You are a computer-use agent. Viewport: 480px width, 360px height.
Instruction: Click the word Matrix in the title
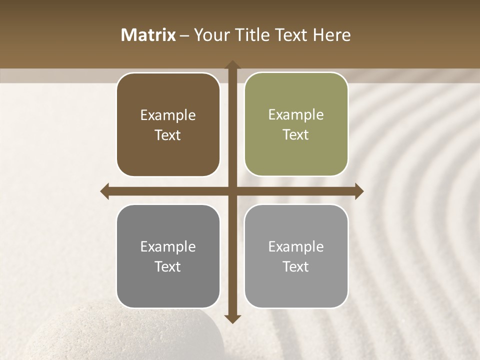point(148,35)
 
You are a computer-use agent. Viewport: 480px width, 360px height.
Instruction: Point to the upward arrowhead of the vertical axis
point(232,65)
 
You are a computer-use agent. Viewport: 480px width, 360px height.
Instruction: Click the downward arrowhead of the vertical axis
point(232,319)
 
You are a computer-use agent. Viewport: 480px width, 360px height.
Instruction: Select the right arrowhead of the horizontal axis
point(359,191)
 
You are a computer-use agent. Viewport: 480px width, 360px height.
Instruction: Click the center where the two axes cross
point(232,191)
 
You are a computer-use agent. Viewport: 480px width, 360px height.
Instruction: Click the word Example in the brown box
point(168,115)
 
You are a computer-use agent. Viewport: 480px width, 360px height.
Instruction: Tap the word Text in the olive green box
point(296,135)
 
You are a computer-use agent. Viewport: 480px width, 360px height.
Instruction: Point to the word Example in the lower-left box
point(168,246)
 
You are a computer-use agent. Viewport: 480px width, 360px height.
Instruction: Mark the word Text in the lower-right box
point(296,266)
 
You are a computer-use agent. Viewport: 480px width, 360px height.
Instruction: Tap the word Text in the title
point(291,35)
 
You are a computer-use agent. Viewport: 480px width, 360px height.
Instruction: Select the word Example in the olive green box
point(296,115)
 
